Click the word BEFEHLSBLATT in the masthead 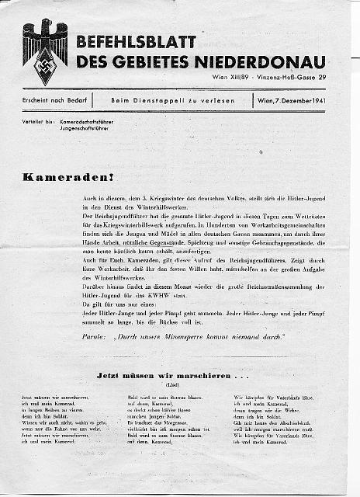(x=136, y=42)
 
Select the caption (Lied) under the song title (x=168, y=385)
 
